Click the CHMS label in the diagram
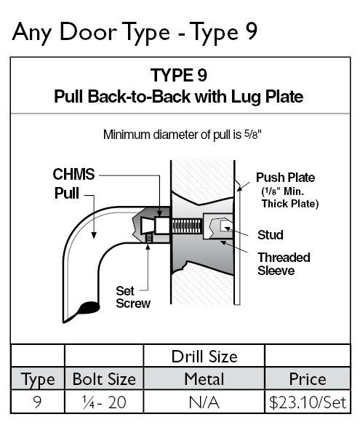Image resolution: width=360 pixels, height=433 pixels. (x=73, y=174)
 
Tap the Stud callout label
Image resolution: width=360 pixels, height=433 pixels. (x=271, y=235)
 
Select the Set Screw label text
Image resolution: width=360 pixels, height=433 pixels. (x=133, y=297)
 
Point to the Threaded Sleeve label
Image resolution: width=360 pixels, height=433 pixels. (x=284, y=263)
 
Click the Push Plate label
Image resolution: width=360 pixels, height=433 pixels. (x=286, y=178)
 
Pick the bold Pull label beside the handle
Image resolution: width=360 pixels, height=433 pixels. (x=66, y=193)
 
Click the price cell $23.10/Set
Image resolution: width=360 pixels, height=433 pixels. (x=308, y=402)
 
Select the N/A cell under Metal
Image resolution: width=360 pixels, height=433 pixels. (x=204, y=402)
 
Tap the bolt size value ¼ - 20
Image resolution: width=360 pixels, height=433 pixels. (x=104, y=402)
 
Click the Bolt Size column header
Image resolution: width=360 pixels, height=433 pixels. (x=104, y=379)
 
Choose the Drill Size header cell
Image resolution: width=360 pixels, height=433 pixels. (x=204, y=357)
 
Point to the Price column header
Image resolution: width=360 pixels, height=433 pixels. (x=308, y=379)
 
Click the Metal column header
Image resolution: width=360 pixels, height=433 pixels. (x=204, y=379)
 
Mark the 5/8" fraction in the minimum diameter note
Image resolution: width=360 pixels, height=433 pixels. (x=252, y=135)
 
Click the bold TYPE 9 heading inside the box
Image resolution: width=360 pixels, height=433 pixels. (x=179, y=75)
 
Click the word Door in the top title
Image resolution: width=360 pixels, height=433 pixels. (x=87, y=32)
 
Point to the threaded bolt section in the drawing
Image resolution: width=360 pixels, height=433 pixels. (x=187, y=226)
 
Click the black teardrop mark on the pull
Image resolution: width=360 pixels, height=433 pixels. (x=88, y=308)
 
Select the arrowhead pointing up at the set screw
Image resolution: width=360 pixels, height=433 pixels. (x=148, y=247)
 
